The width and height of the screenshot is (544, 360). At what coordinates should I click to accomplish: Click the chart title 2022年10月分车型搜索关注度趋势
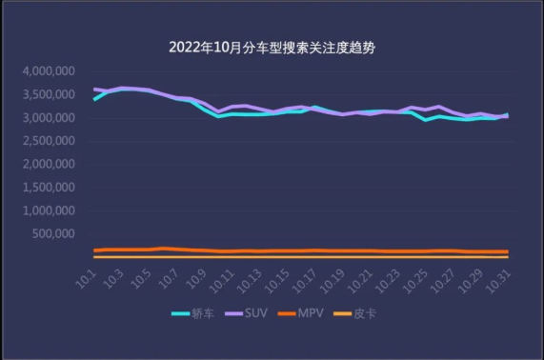272,48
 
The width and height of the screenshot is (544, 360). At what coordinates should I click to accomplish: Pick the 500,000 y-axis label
53,233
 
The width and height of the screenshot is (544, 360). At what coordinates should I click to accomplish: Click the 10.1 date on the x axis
88,278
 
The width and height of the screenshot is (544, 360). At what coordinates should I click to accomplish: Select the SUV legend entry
248,312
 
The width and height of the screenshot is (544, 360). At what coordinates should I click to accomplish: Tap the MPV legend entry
303,312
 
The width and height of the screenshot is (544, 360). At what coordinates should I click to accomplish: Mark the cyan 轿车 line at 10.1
94,99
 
